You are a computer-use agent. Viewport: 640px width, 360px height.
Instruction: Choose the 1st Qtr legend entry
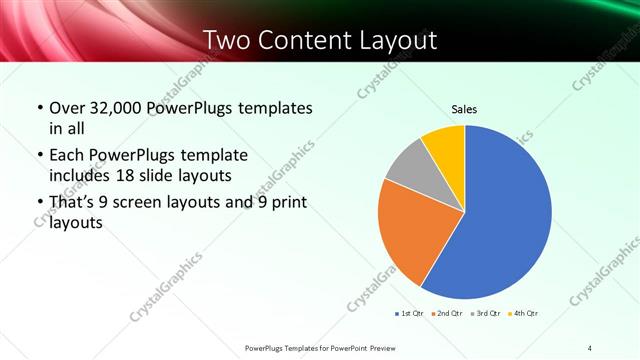coord(410,314)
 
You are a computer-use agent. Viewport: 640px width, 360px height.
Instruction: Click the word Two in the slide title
coord(230,41)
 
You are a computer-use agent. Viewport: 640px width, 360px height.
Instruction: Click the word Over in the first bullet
coord(68,108)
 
